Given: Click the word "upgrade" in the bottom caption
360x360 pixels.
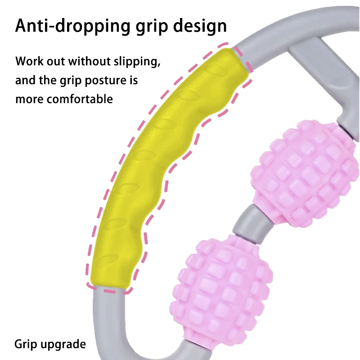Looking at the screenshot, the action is point(63,345).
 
